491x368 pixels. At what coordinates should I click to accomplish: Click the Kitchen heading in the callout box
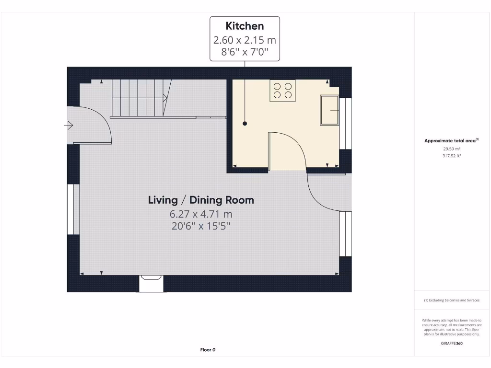click(245, 26)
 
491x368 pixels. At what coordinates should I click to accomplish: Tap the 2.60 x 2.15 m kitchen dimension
click(245, 40)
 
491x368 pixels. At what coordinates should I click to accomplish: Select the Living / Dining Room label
click(201, 200)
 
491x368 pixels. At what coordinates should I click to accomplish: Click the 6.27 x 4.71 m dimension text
click(201, 214)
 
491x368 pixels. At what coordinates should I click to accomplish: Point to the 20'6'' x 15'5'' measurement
click(201, 226)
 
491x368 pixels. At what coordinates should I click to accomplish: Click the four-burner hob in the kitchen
click(282, 91)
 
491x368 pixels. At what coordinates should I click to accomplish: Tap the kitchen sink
click(329, 110)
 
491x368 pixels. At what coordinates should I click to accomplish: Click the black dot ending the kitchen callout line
click(245, 124)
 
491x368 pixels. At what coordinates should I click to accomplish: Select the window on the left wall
click(73, 209)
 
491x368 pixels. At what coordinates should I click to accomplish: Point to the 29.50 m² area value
click(451, 149)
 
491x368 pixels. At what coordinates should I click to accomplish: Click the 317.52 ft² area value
click(451, 156)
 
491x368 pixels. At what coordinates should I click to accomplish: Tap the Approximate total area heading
click(451, 140)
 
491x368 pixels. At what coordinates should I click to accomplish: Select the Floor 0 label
click(208, 350)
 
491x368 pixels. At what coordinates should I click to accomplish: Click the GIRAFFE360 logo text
click(451, 343)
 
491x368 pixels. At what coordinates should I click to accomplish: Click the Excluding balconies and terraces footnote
click(451, 300)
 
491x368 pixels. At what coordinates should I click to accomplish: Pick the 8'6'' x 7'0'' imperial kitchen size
click(245, 52)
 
